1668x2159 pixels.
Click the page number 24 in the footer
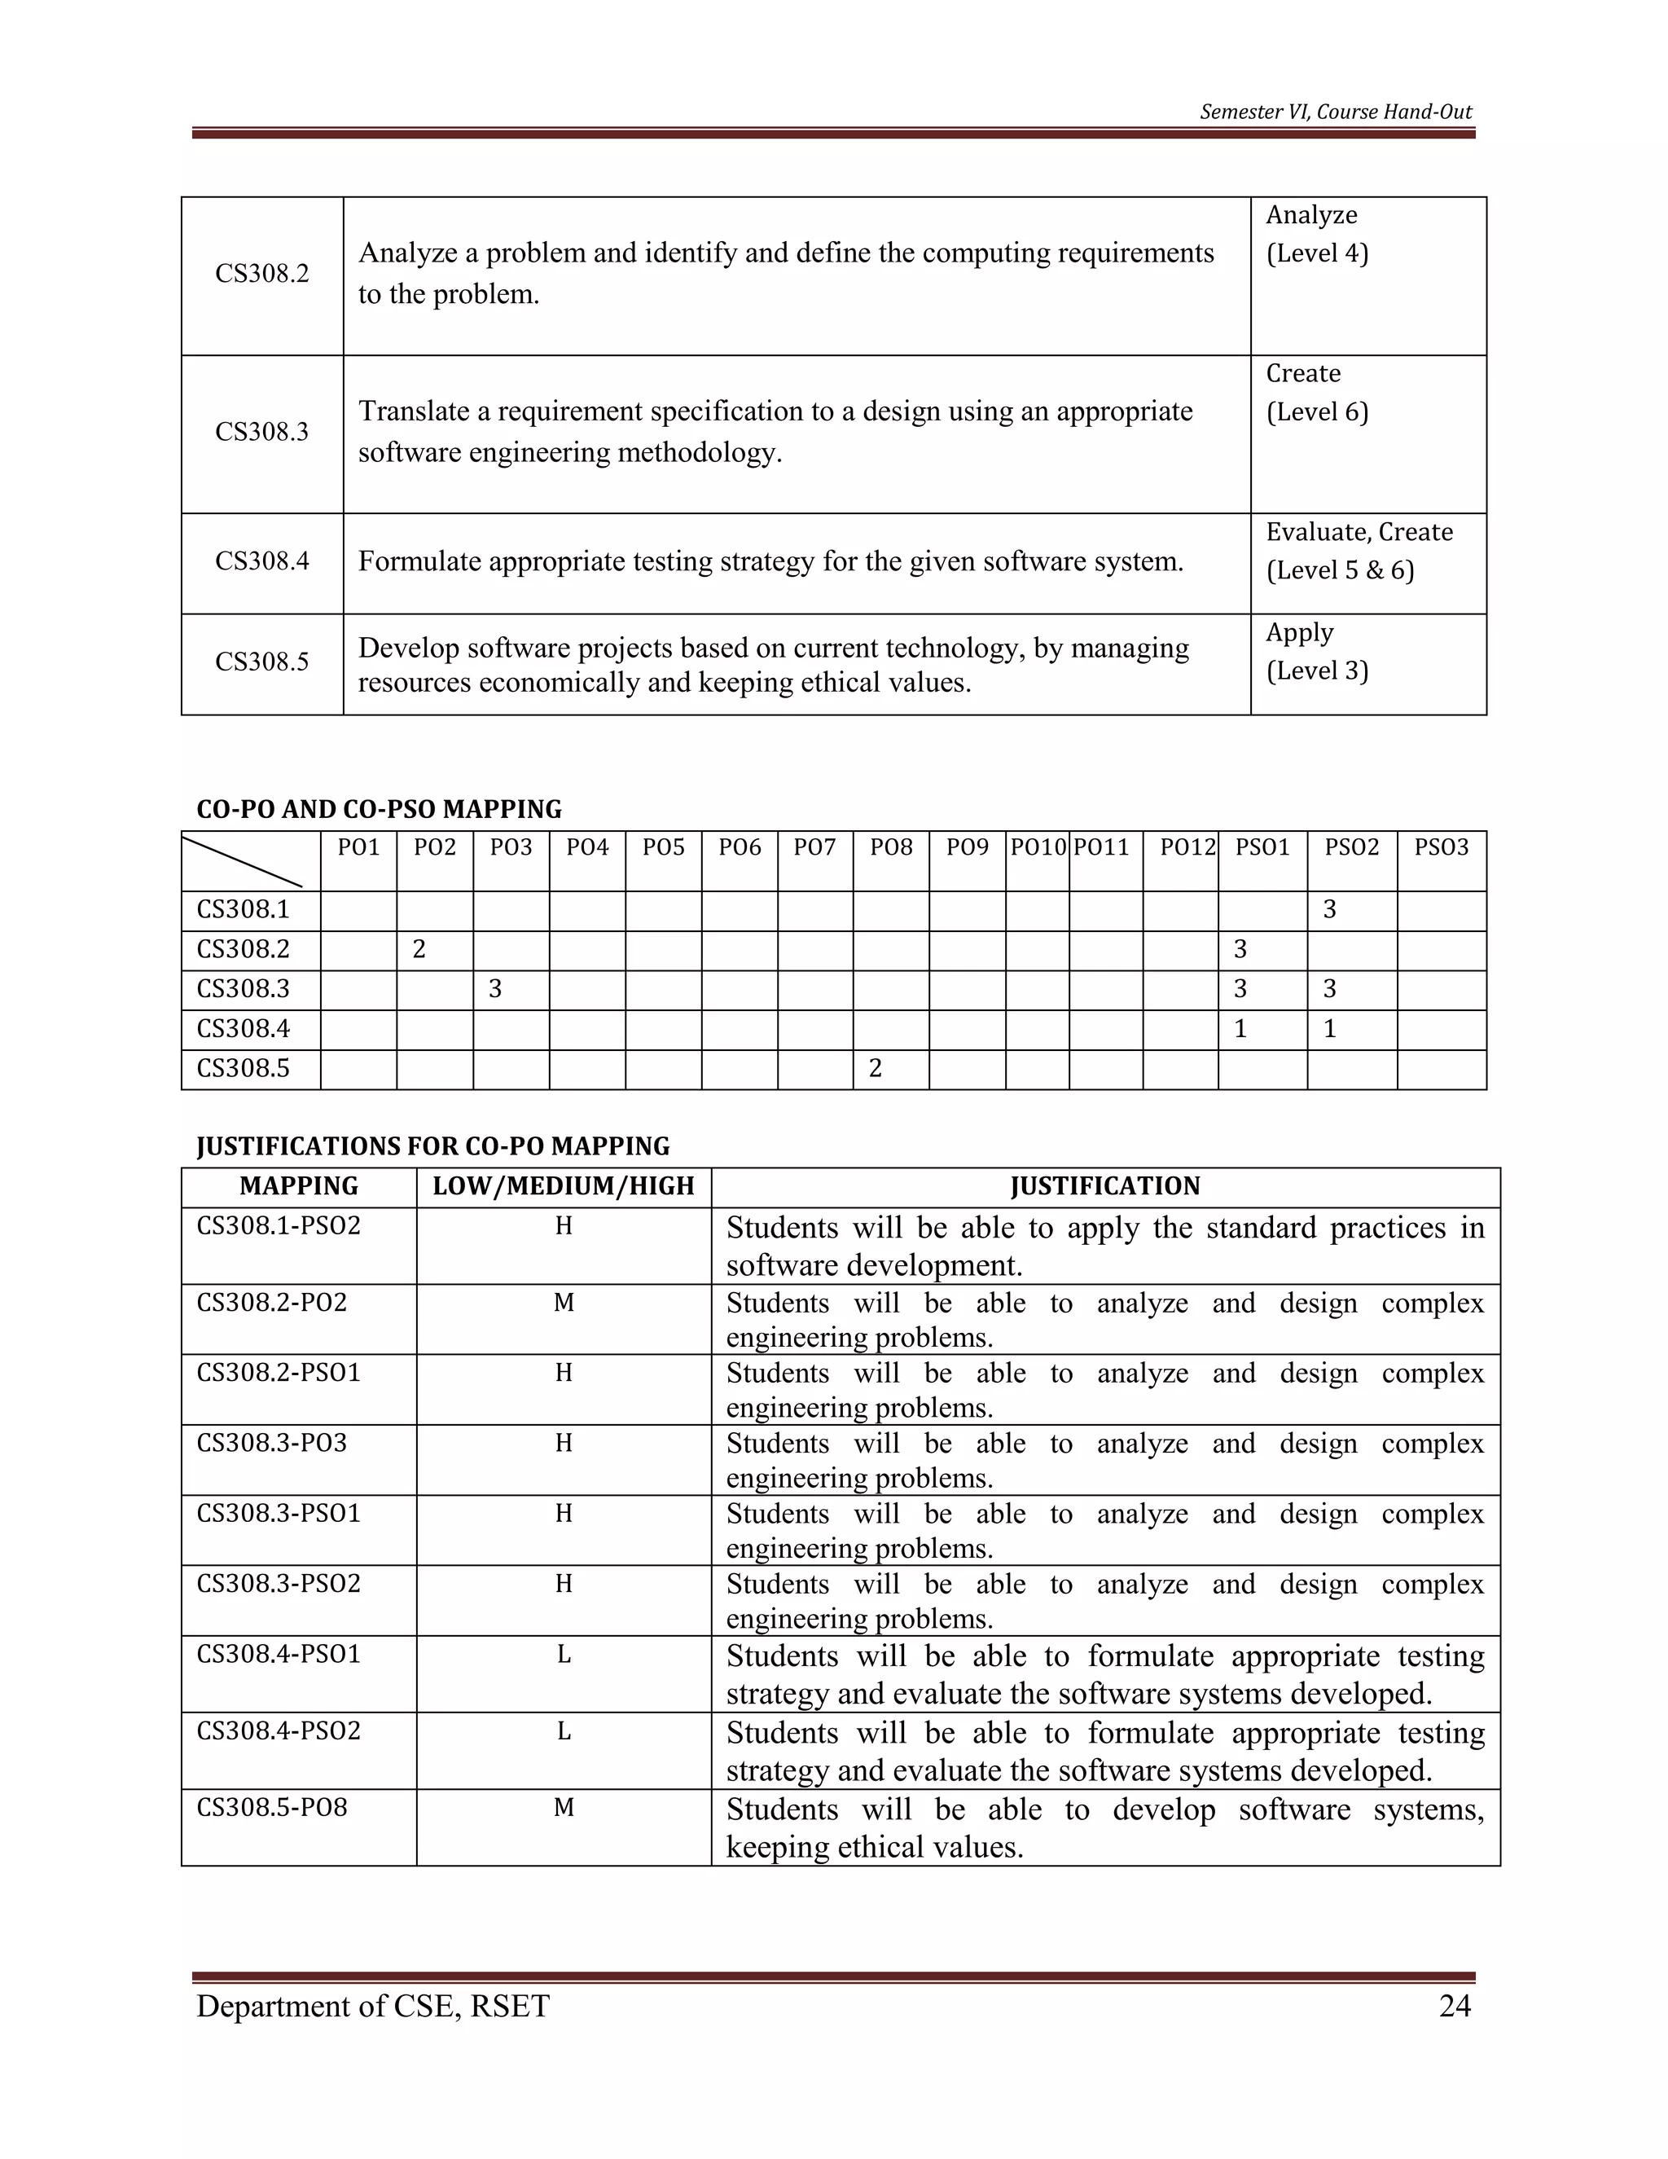tap(1455, 2006)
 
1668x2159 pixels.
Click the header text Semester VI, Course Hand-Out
tap(1335, 112)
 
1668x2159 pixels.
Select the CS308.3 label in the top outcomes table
tap(262, 432)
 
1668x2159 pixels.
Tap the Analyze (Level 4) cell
tap(1316, 235)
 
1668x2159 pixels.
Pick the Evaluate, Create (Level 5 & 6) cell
tap(1359, 551)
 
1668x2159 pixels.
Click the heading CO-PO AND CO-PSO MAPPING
tap(379, 810)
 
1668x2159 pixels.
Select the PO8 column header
tap(890, 847)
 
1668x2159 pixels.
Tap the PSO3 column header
tap(1441, 847)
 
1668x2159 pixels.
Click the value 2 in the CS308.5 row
tap(875, 1067)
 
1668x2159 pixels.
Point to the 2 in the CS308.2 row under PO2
tap(419, 949)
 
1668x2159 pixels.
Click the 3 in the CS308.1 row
tap(1329, 909)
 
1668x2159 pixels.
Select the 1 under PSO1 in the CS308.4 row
tap(1240, 1029)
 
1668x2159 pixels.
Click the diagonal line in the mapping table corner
tap(242, 861)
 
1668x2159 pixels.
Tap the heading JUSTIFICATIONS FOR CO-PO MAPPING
tap(432, 1147)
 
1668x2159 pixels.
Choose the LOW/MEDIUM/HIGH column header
tap(564, 1186)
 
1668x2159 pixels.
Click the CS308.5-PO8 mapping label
tap(272, 1807)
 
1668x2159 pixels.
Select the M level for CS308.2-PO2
tap(564, 1303)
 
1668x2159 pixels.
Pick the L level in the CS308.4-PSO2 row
tap(564, 1731)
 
